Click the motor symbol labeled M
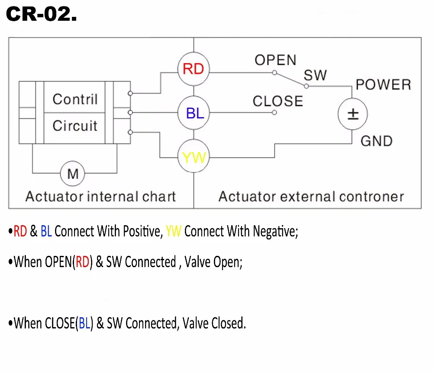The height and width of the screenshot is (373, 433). [x=73, y=174]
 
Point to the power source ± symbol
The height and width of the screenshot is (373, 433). [x=352, y=114]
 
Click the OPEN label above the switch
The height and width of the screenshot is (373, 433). [x=275, y=60]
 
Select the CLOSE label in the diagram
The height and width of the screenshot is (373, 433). [x=278, y=101]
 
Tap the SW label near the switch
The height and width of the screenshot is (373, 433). [x=315, y=75]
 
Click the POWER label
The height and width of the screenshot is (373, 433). [x=384, y=85]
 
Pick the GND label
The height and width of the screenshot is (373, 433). [x=377, y=141]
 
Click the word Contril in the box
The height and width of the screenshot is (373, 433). [x=75, y=99]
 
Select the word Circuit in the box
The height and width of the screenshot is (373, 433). [x=75, y=126]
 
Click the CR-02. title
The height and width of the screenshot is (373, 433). [x=42, y=14]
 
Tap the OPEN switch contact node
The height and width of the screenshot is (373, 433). [x=274, y=73]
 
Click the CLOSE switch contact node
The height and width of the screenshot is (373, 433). [x=274, y=112]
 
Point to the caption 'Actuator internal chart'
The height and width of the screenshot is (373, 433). [x=100, y=197]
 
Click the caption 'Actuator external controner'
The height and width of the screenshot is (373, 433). [x=311, y=197]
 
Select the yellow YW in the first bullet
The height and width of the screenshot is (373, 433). [x=174, y=231]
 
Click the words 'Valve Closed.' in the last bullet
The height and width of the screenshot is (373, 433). [x=214, y=323]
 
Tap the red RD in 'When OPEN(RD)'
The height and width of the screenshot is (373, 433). [x=82, y=262]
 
